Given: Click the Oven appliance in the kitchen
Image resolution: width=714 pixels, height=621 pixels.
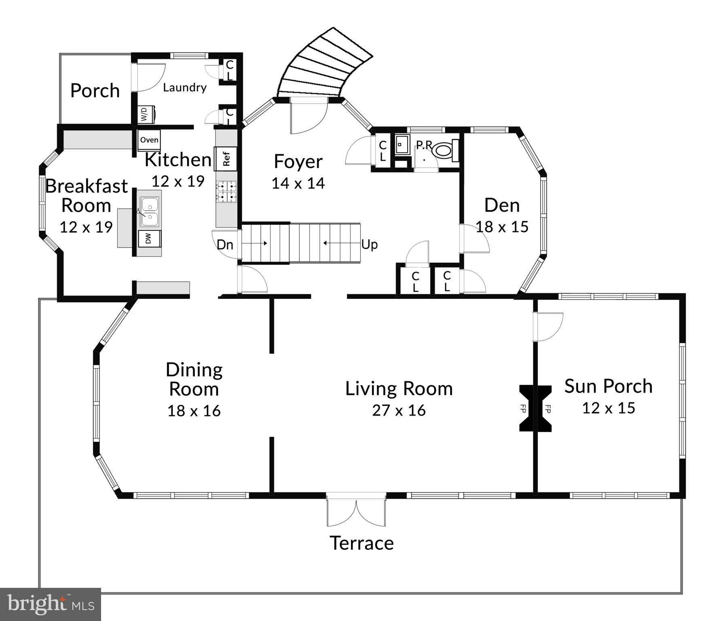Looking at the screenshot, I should [149, 140].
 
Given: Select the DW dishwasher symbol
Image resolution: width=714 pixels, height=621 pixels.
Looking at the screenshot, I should [149, 239].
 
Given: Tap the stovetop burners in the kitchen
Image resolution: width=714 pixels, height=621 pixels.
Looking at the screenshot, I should [226, 192].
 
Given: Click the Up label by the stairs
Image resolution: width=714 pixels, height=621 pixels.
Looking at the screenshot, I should [369, 245].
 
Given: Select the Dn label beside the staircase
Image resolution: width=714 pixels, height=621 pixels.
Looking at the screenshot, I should [225, 245].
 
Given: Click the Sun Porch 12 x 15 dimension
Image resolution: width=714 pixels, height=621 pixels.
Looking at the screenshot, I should [608, 408].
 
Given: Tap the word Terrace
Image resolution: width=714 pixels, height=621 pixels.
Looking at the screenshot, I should [361, 543].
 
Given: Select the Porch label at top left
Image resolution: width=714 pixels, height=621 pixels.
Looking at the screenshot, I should [95, 91].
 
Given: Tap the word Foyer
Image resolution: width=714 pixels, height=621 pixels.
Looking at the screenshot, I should [298, 161].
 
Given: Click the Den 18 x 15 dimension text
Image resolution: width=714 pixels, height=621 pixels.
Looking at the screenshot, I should [502, 227].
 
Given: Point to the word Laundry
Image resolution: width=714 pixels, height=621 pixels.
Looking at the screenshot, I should [185, 87].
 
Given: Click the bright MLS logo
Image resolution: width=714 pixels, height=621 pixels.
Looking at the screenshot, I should [50, 604].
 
